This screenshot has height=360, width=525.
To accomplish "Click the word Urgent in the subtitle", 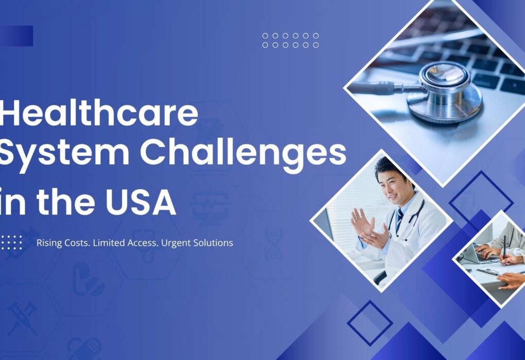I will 176,243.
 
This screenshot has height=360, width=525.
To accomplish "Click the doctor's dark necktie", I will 399,219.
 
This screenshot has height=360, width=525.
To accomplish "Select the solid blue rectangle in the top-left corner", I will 16,36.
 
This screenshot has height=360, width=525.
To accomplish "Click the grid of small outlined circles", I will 290,41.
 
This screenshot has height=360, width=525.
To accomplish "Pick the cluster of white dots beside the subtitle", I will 11,242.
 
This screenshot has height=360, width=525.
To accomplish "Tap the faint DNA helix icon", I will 273,244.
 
